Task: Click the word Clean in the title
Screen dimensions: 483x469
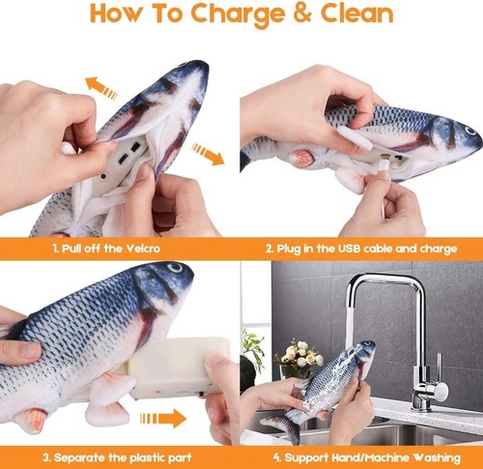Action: (357, 14)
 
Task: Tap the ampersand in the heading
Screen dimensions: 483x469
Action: (302, 14)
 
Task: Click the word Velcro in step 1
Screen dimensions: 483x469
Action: (143, 249)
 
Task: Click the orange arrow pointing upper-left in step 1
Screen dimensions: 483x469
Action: (100, 87)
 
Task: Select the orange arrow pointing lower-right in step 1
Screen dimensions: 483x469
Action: (208, 155)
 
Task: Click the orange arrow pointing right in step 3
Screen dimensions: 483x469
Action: (163, 419)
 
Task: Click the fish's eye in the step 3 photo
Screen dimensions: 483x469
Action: (175, 268)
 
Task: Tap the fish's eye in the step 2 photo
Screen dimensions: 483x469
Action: (469, 131)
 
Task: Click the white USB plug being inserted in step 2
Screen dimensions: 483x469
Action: (384, 165)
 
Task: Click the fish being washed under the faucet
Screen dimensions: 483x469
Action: (322, 389)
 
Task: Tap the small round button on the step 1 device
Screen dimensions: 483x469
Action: (103, 176)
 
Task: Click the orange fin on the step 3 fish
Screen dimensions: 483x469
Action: (32, 420)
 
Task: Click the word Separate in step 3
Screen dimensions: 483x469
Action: (77, 457)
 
